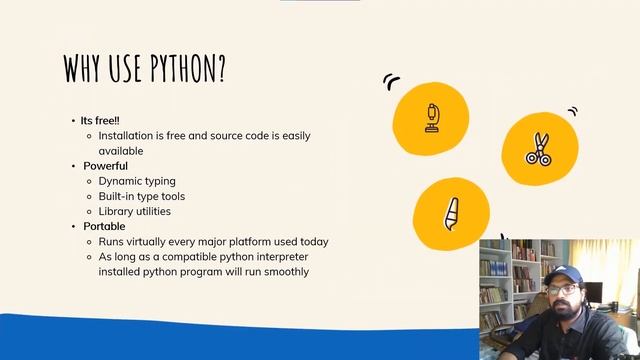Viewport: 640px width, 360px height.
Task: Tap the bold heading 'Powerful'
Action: tap(105, 166)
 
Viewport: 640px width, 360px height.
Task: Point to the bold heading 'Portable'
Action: tap(104, 226)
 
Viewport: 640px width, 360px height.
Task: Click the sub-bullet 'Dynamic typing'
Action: tap(137, 181)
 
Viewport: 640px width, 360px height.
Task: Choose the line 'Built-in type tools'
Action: tap(141, 196)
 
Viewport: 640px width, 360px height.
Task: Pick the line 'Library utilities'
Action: tap(135, 211)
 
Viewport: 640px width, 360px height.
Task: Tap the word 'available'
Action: tap(121, 151)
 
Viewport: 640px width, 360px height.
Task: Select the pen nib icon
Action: tap(451, 213)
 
